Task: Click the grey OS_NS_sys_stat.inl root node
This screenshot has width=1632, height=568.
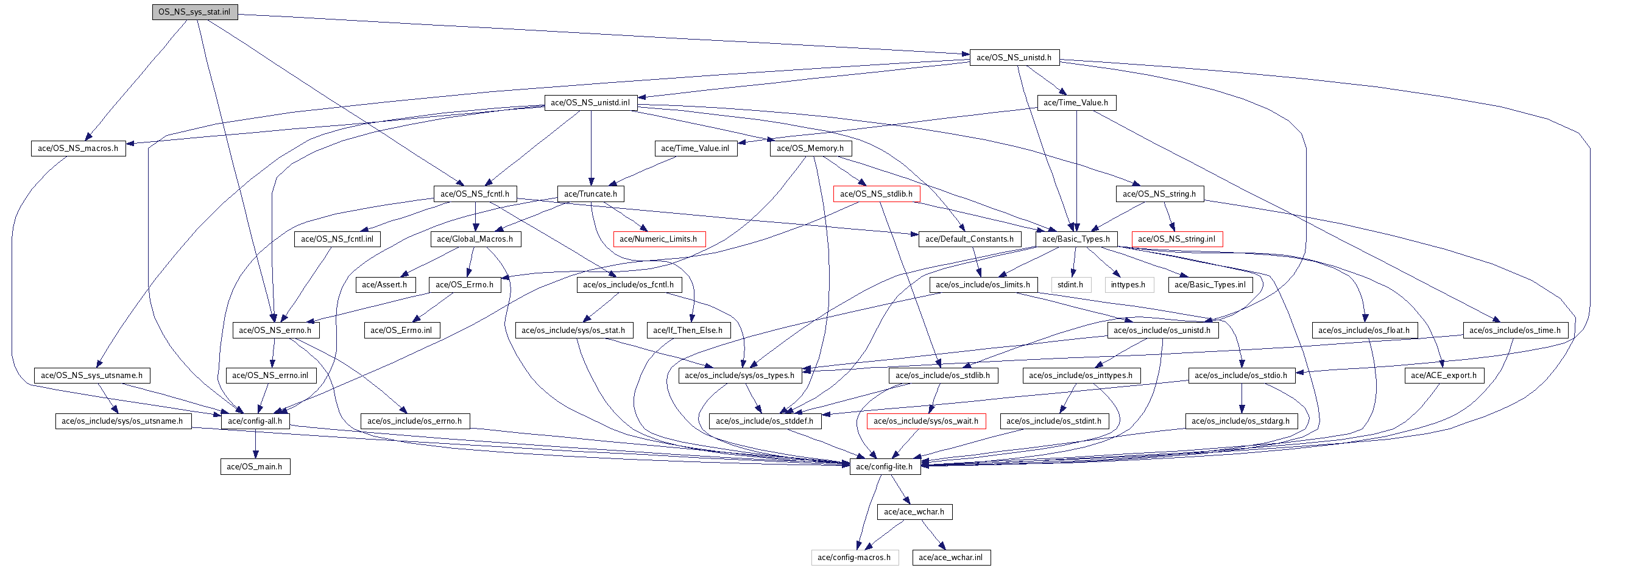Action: pos(194,12)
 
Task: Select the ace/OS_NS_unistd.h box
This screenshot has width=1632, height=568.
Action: pos(1014,58)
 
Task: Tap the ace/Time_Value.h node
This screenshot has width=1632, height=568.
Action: pos(1076,103)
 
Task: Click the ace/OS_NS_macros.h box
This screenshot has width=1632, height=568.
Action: pos(78,148)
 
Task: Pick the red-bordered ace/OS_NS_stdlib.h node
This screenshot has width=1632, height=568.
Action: pos(876,194)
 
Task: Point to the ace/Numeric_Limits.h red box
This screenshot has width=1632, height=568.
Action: pos(659,239)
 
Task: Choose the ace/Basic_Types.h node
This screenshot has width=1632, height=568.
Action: pos(1076,239)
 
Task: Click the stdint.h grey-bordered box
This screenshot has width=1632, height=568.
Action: pos(1070,285)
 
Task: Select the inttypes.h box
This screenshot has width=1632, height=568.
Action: pos(1128,285)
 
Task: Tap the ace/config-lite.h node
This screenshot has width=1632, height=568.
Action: pos(884,467)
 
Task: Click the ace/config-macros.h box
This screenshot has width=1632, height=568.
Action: pos(853,558)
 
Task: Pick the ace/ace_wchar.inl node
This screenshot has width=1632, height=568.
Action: pos(950,558)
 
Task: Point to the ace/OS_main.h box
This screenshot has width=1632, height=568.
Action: pos(255,467)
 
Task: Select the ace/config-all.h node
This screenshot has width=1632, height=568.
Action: pos(255,421)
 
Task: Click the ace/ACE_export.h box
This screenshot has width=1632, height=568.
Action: pos(1443,376)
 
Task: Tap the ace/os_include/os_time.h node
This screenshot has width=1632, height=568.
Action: pos(1515,331)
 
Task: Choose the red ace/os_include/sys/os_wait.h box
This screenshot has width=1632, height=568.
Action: pos(925,421)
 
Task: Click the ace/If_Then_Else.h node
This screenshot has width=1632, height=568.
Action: pos(687,331)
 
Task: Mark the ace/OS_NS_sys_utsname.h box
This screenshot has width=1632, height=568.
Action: pos(92,376)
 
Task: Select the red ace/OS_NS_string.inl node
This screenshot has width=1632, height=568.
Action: pos(1176,239)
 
